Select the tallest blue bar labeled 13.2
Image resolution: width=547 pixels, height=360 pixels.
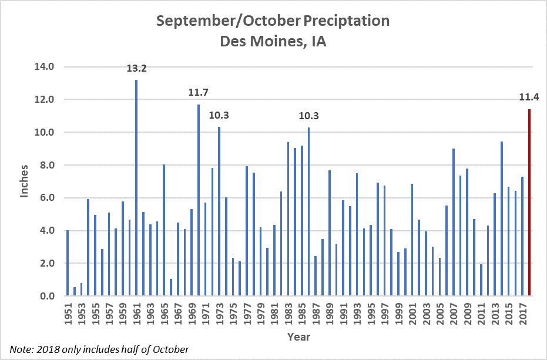136,188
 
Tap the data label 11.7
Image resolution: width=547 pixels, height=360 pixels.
199,92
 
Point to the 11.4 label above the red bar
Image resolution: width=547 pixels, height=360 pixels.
529,97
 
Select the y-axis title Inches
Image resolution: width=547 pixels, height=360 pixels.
24,181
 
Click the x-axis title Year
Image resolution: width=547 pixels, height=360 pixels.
298,337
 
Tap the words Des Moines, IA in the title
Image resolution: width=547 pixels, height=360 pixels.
273,42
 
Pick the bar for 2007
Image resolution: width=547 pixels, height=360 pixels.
453,223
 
